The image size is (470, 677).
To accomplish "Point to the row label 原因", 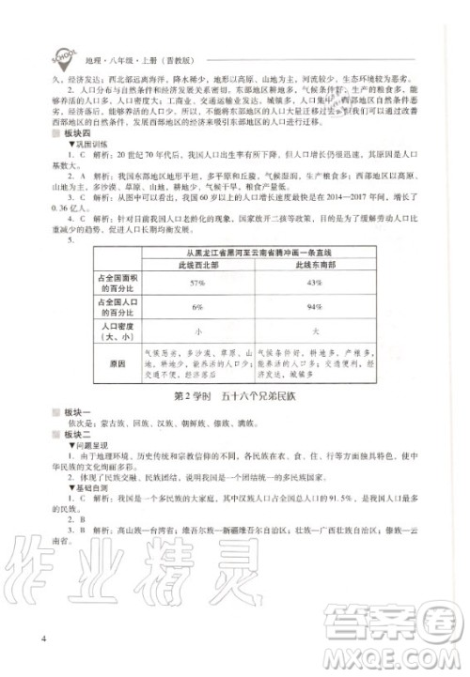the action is click(x=117, y=362).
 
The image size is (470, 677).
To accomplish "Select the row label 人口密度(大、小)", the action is click(x=117, y=331).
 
